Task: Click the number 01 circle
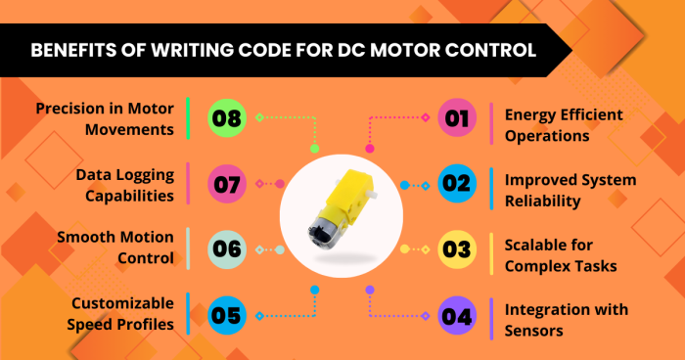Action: click(455, 119)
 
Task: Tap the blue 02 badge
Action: click(455, 183)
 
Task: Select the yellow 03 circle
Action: click(455, 247)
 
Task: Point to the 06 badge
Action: click(227, 248)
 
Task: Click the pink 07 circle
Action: click(227, 183)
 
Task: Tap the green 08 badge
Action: click(227, 119)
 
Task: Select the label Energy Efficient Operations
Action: click(563, 125)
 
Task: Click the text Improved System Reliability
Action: click(570, 190)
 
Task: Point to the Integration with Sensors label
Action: click(566, 320)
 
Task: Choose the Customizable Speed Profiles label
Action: click(122, 312)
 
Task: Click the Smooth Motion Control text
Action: click(115, 247)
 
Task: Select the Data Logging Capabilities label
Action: click(125, 185)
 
